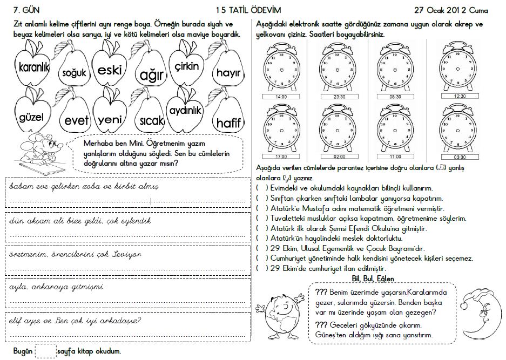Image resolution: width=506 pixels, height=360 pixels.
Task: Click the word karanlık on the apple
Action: click(33, 67)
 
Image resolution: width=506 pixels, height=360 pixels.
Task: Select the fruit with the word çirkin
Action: click(187, 66)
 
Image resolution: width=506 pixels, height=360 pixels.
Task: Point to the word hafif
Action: click(228, 123)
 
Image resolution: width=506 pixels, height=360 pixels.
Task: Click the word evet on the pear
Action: click(76, 121)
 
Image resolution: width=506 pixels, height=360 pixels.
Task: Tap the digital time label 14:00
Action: click(281, 97)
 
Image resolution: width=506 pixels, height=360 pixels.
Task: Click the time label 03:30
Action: click(460, 157)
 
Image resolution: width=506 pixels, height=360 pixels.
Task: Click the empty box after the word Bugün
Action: click(45, 351)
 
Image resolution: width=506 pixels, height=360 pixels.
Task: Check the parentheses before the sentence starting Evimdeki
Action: click(263, 188)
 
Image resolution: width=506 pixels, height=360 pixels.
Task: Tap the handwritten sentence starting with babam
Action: click(83, 187)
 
